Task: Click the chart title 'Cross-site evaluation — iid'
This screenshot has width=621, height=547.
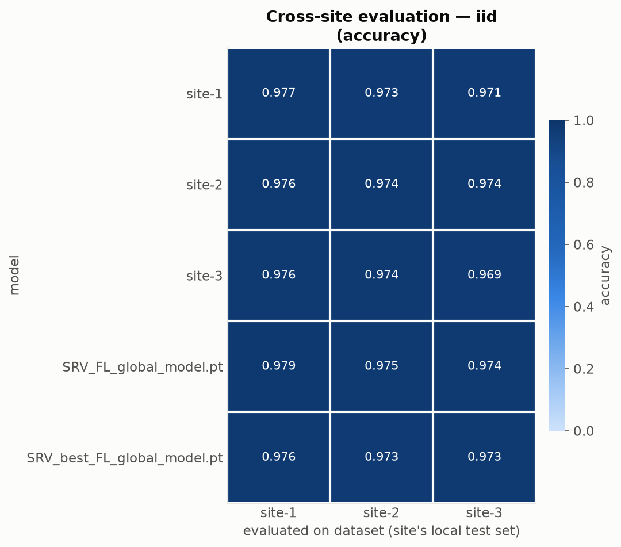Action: pos(381,17)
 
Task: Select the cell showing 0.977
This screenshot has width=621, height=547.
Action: pos(278,93)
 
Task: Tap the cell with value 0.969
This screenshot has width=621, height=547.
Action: pos(484,275)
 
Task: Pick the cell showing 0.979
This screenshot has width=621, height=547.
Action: pos(278,366)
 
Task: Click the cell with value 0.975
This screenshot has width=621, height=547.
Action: pos(381,366)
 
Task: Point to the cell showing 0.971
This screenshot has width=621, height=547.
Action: pos(484,93)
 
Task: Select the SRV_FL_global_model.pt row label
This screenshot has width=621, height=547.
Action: pos(143,367)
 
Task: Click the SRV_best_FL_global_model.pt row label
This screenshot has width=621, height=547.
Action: pos(125,458)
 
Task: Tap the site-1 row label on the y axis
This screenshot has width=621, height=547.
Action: pos(204,94)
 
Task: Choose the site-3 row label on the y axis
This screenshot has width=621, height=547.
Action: pos(204,276)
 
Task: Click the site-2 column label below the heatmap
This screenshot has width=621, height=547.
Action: pos(381,513)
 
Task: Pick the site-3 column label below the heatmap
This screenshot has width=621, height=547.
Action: pos(484,513)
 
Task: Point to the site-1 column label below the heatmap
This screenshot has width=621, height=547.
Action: pos(278,513)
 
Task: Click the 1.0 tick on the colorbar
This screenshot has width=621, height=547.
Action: pos(584,120)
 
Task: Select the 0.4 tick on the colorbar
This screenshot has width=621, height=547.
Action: pos(584,307)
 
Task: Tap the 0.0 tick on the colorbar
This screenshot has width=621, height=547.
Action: pos(584,431)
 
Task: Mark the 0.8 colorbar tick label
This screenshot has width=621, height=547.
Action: pos(584,182)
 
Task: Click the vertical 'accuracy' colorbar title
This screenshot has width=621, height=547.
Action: pos(605,276)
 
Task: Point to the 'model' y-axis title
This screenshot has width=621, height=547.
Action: pos(14,276)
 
